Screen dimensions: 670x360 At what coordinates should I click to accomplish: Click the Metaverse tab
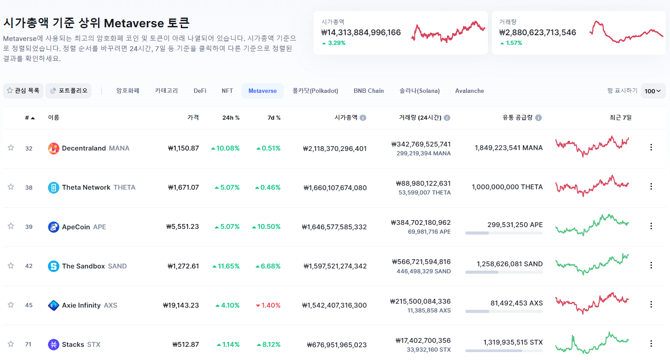coord(262,91)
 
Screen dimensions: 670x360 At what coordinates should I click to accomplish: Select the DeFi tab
coord(200,91)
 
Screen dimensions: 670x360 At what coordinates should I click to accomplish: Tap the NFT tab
coord(227,91)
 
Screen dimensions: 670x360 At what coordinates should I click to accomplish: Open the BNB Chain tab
coord(369,91)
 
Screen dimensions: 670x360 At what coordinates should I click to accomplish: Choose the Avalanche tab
coord(469,91)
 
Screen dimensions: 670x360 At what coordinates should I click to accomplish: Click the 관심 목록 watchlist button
coord(23,91)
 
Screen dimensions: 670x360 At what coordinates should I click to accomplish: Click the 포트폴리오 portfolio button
coord(69,91)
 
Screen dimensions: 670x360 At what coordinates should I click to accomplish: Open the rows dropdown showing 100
coord(653,91)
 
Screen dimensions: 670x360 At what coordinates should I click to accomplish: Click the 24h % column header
coord(231,118)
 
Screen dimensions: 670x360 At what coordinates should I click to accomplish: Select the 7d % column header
coord(274,118)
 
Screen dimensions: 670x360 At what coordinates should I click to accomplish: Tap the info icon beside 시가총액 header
coord(363,118)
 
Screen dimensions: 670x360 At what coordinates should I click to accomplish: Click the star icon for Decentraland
coord(11,147)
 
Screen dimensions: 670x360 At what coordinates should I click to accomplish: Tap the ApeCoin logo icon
coord(54,227)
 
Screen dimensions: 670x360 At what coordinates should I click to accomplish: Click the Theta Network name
coord(86,187)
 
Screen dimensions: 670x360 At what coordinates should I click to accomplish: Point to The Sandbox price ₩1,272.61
coord(183,266)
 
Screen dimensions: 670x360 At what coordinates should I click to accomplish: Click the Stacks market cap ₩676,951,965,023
coord(337,345)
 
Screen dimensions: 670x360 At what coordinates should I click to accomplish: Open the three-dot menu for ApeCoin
coord(651,226)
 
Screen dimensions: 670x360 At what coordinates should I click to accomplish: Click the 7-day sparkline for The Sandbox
coord(592,264)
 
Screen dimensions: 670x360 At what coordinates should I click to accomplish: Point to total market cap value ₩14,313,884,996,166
coord(361,32)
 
